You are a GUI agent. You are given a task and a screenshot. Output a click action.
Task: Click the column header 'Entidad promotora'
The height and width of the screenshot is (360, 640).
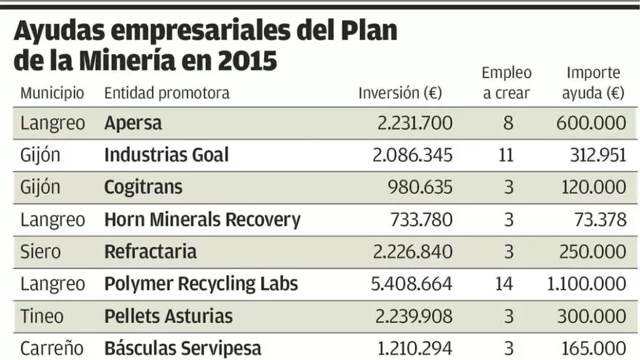[167, 93]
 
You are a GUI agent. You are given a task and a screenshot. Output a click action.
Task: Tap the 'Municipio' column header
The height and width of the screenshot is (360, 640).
[52, 93]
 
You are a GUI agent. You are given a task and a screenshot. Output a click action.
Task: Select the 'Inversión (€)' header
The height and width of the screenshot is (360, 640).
[400, 93]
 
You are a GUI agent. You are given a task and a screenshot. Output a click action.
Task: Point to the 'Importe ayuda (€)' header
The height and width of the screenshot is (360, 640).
[593, 83]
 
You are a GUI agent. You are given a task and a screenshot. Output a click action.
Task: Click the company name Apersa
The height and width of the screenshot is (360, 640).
[133, 123]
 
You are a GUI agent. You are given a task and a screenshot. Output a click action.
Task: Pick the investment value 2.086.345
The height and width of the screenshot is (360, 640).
[415, 155]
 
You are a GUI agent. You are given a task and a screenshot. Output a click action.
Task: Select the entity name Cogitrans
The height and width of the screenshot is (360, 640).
[143, 187]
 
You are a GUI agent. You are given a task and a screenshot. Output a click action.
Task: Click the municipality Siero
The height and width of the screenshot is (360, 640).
[40, 252]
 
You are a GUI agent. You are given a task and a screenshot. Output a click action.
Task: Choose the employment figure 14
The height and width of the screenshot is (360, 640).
[504, 284]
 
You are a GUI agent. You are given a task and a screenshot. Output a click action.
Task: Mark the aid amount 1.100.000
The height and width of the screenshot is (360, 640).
[586, 284]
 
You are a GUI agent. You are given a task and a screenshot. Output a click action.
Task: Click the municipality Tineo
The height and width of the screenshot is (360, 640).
[42, 316]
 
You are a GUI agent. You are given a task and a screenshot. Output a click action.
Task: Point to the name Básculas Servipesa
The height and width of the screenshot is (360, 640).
[183, 348]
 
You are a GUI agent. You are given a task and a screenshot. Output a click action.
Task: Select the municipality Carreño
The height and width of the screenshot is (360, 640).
[49, 348]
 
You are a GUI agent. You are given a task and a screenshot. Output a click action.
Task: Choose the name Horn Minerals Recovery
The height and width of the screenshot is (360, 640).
[202, 220]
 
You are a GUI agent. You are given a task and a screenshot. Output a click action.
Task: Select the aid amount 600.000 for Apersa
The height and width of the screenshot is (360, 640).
[591, 123]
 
